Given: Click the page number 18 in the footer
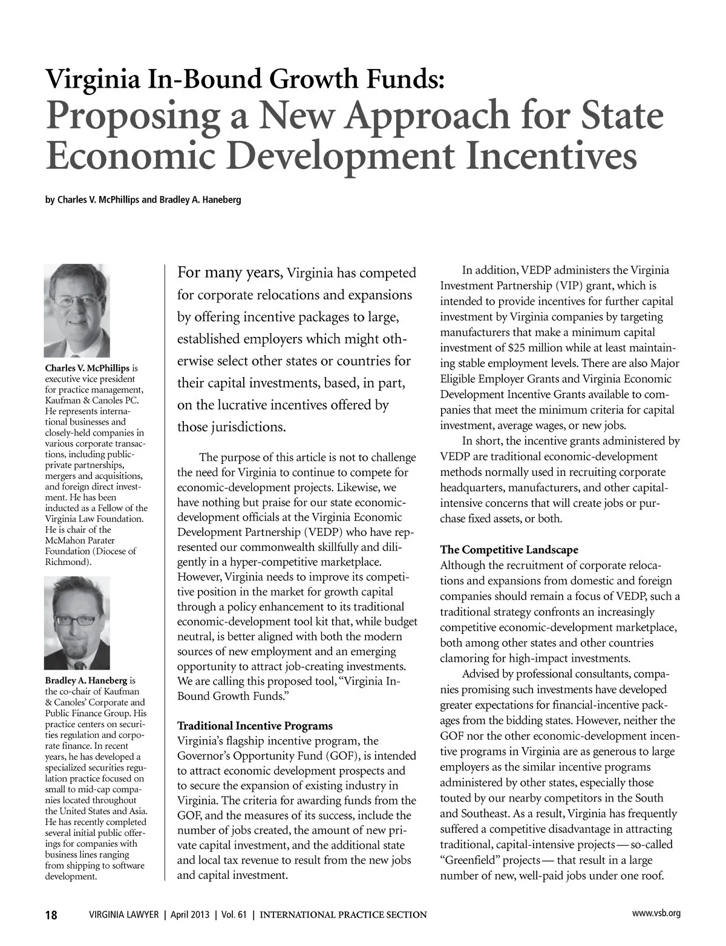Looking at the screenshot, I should [51, 915].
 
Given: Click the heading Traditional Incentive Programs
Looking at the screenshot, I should [255, 725].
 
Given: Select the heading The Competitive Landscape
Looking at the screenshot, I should [509, 550].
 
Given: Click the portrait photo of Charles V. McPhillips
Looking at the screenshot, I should [77, 311].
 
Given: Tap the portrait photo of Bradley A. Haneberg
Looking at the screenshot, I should [77, 623].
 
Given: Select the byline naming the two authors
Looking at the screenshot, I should [143, 200].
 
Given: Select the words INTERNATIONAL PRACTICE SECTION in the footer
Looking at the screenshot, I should [343, 915].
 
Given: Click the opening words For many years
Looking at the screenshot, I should [230, 273].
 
